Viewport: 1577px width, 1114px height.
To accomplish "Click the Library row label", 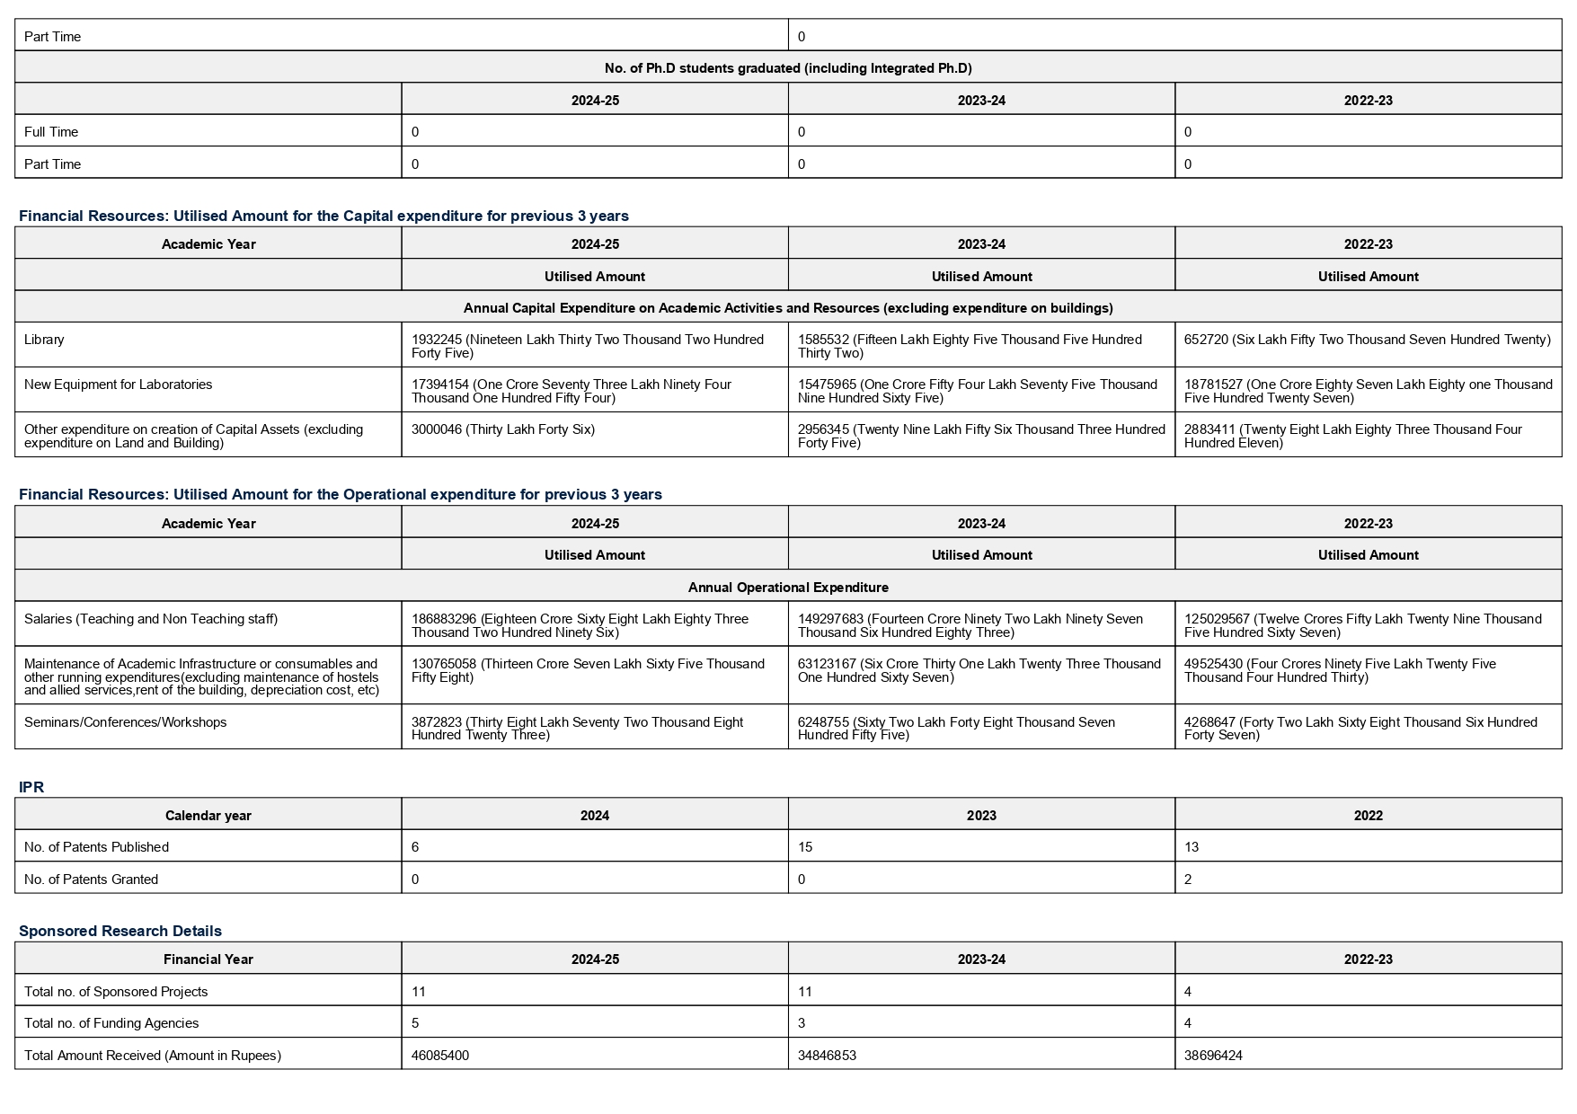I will (x=44, y=340).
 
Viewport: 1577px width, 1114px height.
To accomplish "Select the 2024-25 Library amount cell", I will (x=588, y=346).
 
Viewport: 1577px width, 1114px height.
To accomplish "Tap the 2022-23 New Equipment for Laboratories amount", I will (x=1368, y=391).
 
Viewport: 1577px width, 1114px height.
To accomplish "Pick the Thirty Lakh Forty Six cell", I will (x=503, y=429).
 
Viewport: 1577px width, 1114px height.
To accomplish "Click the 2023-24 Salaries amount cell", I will (x=970, y=625).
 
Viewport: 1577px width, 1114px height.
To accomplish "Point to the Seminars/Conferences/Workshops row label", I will (x=125, y=722).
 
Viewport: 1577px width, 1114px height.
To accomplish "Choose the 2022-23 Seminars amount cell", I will (x=1360, y=729).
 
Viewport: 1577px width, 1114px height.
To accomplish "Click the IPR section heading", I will (x=31, y=787).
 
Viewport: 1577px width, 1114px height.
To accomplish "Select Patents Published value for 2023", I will (x=806, y=847).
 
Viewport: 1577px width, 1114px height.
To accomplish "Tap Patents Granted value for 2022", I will (x=1188, y=880).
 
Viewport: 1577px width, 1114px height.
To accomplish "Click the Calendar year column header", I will (x=208, y=816).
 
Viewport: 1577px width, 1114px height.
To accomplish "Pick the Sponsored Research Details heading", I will (x=120, y=931).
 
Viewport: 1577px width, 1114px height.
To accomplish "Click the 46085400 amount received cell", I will (x=440, y=1056).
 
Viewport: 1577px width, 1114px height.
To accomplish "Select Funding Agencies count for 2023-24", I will (x=802, y=1023).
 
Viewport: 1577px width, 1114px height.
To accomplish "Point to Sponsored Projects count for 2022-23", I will (x=1188, y=992).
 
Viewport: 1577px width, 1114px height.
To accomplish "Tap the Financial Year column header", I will (x=208, y=959).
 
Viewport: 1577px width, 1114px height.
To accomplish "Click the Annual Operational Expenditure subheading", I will (x=788, y=588).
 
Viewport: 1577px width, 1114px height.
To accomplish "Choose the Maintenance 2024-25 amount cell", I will (x=588, y=670).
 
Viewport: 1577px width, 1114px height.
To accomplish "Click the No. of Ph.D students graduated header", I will (x=788, y=68).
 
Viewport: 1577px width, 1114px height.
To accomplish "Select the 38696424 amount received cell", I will (x=1213, y=1056).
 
